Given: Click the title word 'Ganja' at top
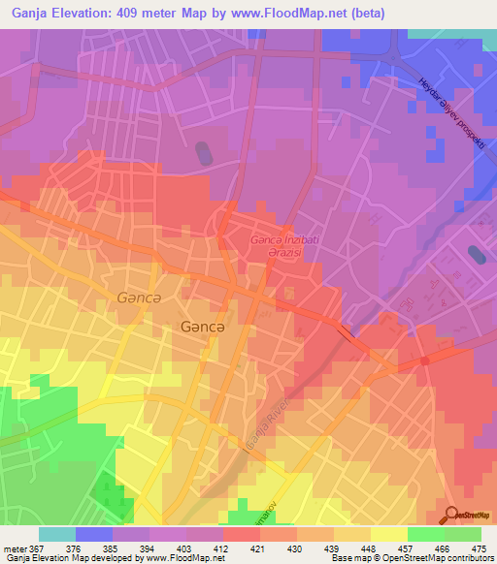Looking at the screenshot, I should point(29,14).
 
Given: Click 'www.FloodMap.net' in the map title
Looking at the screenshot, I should point(292,14).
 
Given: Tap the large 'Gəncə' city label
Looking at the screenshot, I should point(203,328).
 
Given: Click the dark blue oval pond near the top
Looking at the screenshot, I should point(203,153).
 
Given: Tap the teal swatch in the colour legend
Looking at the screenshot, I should point(56,534).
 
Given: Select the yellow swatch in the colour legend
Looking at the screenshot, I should point(388,534).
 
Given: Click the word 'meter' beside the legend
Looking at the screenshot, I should point(13,548).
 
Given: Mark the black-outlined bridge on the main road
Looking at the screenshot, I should point(347,333).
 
